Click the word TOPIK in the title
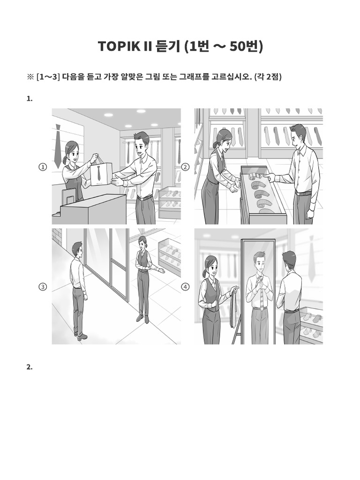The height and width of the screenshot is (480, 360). tap(116, 46)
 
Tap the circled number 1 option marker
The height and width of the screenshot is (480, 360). tap(43, 167)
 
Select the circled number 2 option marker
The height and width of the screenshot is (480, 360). tap(186, 167)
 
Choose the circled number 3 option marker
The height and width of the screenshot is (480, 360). tap(43, 287)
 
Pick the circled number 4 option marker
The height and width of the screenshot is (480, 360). tap(186, 287)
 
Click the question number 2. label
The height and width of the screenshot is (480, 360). tap(30, 367)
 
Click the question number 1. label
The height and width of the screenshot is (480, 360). tap(30, 98)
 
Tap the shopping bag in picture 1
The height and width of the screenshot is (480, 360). tap(100, 172)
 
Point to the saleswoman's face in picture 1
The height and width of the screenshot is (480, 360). tap(71, 151)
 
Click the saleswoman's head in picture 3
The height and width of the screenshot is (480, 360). tap(142, 242)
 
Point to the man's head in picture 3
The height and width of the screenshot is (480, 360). tap(78, 249)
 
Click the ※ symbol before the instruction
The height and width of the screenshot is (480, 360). tap(30, 76)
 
